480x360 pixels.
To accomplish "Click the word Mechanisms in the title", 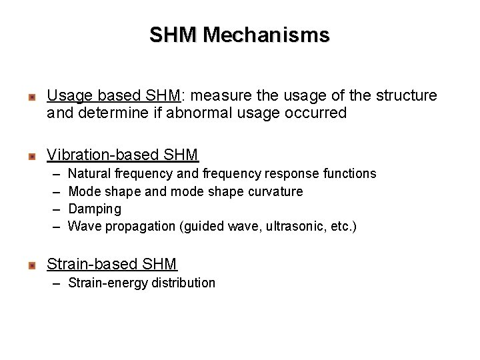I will pos(267,34).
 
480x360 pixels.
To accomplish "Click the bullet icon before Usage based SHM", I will pos(31,98).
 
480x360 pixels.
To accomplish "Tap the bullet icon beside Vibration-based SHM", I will pos(31,157).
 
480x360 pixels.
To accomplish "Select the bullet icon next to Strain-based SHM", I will pos(31,266).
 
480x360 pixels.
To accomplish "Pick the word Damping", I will pos(95,209).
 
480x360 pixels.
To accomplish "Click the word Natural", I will pos(90,173).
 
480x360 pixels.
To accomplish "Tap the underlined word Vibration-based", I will pos(99,155).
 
